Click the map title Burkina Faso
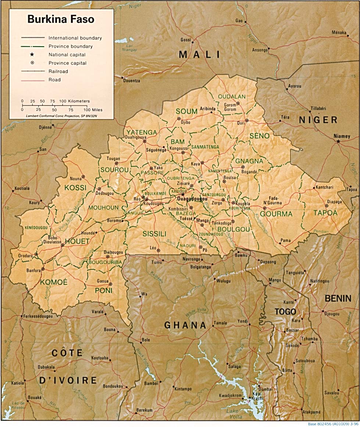click(61, 19)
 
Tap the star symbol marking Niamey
click(338, 141)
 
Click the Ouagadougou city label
click(191, 198)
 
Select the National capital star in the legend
click(32, 54)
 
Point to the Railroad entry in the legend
click(58, 71)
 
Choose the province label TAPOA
click(325, 213)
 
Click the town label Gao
click(239, 21)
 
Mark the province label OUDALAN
click(232, 97)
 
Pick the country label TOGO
click(285, 312)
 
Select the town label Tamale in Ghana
click(221, 323)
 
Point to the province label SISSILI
click(154, 233)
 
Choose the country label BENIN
click(338, 298)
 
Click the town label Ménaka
click(339, 32)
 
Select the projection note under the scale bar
click(61, 116)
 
